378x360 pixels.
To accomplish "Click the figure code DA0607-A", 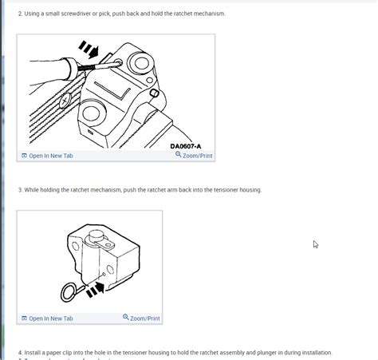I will point(186,146).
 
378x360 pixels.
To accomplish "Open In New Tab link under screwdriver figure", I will point(50,156).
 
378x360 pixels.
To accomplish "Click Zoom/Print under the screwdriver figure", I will point(197,156).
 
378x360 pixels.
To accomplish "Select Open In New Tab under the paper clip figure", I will point(50,318).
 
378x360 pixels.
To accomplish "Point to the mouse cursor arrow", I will point(315,243).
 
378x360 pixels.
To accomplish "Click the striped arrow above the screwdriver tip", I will point(89,50).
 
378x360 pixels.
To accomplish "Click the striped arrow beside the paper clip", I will point(96,289).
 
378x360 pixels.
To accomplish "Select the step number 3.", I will point(19,190).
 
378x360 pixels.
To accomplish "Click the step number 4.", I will point(19,352).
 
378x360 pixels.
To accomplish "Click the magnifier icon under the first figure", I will point(179,155).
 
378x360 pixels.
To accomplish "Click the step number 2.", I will point(19,14).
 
